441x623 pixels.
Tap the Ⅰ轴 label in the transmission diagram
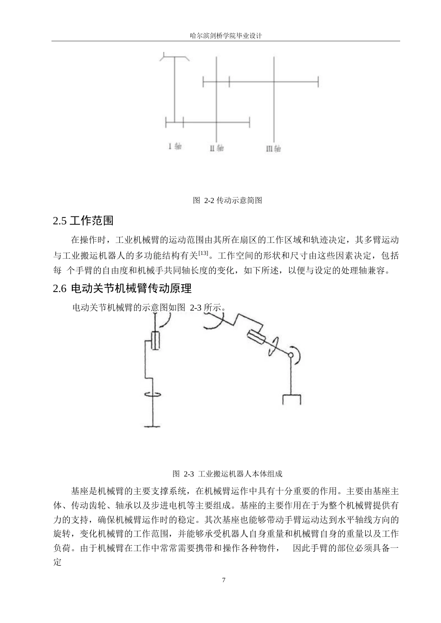point(175,146)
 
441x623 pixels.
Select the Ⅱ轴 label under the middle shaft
point(217,148)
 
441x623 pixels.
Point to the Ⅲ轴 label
point(273,149)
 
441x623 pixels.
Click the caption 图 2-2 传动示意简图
point(227,201)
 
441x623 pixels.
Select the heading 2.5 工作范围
point(84,221)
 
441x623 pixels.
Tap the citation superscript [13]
point(203,253)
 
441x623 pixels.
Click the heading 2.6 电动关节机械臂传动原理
point(123,288)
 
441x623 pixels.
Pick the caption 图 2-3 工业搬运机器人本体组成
point(227,474)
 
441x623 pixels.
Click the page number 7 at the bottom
point(224,580)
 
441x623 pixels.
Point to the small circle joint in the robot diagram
point(290,355)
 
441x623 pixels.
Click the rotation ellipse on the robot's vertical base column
point(153,394)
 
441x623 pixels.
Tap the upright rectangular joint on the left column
point(156,341)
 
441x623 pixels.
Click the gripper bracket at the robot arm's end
point(292,399)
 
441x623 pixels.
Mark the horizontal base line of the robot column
point(153,426)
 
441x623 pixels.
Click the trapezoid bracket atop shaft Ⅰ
point(175,57)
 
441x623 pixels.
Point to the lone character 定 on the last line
point(58,562)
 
